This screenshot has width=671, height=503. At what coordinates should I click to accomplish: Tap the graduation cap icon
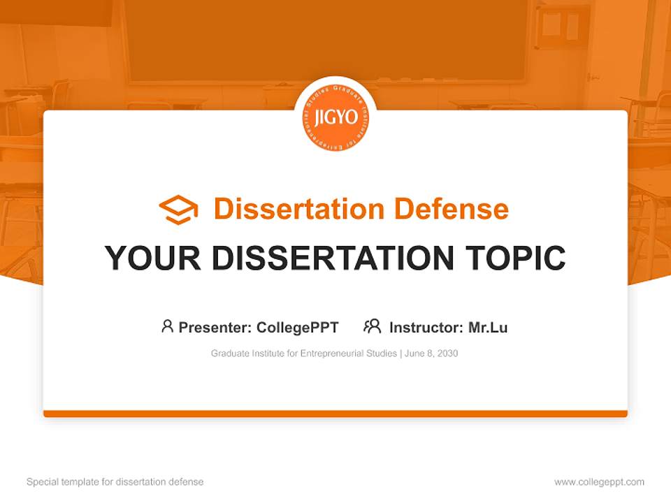(178, 209)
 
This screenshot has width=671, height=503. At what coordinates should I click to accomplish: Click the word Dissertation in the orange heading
(299, 209)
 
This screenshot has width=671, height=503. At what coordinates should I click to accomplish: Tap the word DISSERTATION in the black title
(331, 258)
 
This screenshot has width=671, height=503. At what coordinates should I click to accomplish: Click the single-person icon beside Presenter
(167, 326)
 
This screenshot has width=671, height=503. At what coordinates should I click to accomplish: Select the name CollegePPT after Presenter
(298, 327)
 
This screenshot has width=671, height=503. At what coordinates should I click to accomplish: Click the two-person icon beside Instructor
(372, 326)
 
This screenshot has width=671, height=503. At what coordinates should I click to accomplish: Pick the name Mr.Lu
(488, 327)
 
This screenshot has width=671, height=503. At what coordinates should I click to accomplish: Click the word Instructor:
(426, 327)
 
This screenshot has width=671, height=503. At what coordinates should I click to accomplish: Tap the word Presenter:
(215, 327)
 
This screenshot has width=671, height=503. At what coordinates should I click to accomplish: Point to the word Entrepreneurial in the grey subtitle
(333, 353)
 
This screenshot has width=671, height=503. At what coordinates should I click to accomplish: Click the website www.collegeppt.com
(599, 482)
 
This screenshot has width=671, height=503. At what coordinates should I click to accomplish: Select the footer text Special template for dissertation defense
(115, 482)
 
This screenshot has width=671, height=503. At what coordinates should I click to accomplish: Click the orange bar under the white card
(335, 414)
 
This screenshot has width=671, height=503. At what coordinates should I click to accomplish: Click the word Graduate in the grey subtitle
(229, 353)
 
